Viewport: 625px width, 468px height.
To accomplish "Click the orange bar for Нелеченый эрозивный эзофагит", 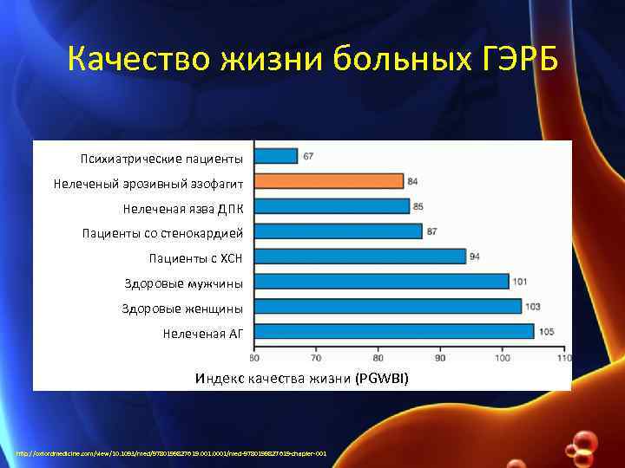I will pos(329,181).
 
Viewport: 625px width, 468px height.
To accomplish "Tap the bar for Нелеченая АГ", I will pos(394,332).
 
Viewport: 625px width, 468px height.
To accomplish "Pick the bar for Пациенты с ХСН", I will pos(360,257).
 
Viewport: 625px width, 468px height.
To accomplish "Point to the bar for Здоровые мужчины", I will pos(382,282).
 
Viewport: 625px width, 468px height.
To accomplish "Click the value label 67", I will pos(308,156).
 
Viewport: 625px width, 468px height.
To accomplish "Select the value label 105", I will pos(546,331).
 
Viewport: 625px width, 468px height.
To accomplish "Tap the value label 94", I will pos(476,257).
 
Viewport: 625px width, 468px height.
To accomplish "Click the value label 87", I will pos(432,231).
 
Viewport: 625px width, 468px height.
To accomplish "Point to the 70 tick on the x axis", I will pos(316,356).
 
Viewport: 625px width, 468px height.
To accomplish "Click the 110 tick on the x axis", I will pos(564,356).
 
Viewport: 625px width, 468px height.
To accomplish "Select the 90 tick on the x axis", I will pos(440,356).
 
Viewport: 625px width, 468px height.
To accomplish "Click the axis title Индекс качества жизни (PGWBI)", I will pos(301,379).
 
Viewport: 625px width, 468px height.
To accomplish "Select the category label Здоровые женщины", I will pos(182,309).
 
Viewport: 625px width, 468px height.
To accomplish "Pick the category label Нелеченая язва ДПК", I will pos(183,208).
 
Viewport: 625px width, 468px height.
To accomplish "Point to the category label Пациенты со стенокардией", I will pos(162,233).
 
